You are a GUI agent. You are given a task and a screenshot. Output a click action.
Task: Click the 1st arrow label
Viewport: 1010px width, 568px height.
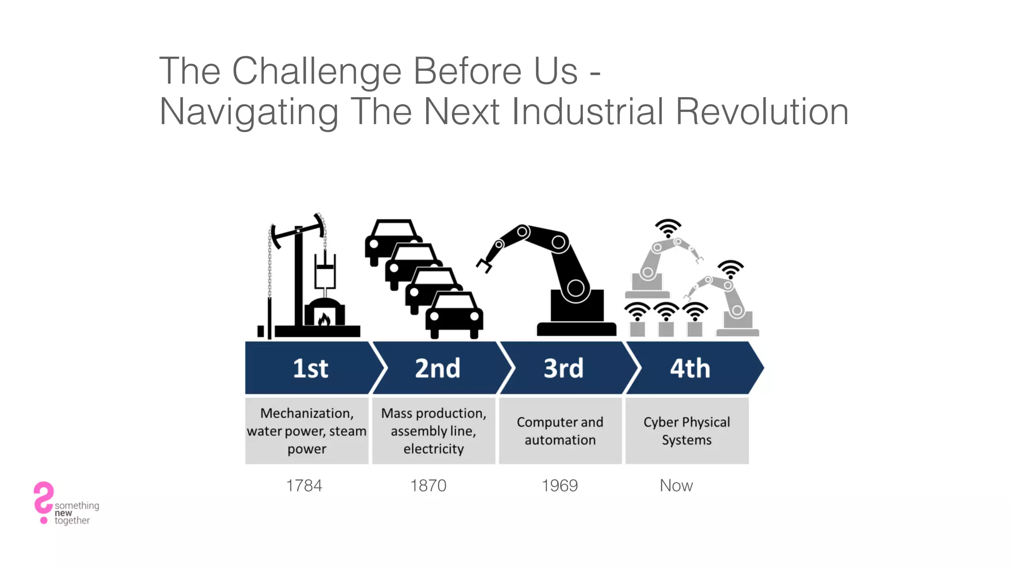coord(310,368)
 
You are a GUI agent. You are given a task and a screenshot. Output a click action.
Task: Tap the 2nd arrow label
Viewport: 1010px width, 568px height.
coord(437,368)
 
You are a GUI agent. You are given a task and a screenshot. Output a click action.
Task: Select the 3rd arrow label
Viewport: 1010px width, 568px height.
coord(563,368)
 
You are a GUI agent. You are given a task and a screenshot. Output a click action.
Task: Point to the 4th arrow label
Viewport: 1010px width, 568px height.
coord(689,368)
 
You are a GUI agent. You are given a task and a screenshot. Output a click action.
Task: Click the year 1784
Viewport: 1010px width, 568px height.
coord(304,486)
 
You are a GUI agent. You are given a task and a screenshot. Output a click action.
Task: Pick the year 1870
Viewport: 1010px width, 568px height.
coord(428,486)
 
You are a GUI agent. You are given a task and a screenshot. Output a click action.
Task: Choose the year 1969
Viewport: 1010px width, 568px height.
coord(559,486)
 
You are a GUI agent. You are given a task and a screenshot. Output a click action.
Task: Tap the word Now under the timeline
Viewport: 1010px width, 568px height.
coord(676,486)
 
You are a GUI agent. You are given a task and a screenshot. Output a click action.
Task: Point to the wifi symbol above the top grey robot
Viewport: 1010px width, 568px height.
coord(668,228)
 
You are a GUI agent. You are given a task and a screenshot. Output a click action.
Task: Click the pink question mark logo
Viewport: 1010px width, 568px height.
coord(43,500)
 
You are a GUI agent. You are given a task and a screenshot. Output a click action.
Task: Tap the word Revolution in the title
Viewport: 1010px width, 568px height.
coord(761,111)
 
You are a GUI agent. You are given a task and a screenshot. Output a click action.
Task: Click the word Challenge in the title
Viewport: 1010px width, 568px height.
coord(317,71)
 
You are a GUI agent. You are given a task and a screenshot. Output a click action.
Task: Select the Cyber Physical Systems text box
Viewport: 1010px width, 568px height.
coord(686,430)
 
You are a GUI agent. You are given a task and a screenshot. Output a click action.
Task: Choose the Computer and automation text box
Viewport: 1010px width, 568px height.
coord(560,430)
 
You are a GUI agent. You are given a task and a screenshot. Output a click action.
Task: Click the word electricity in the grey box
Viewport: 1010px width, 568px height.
coord(433,449)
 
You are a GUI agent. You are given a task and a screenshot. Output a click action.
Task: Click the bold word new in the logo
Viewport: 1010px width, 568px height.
coord(63,513)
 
